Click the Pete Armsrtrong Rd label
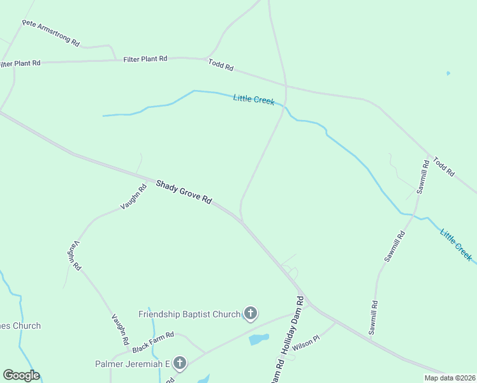coord(51,33)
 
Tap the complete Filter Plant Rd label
coord(145,58)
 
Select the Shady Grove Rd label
coord(184,191)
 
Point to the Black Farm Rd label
coord(153,342)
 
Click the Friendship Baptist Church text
coord(189,314)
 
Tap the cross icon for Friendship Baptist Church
coord(251,313)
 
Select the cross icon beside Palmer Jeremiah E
coord(180,364)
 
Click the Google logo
coord(21,375)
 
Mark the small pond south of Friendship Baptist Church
coord(258,339)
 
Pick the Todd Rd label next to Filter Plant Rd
coord(221,64)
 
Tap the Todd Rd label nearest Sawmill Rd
coord(443,167)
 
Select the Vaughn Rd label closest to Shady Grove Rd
coord(133,197)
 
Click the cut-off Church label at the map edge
coord(20,326)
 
